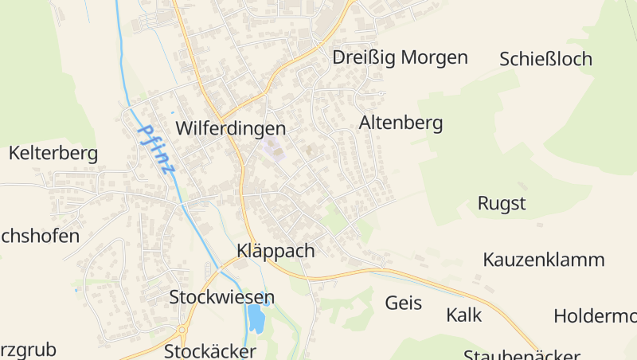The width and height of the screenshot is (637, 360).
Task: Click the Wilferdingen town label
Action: point(230,128)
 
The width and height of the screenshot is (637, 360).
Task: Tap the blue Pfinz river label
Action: point(156,149)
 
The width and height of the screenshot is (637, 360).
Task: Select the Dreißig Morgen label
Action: point(400,57)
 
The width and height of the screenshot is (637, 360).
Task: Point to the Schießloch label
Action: point(545,59)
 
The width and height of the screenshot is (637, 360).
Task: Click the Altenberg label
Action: point(401,123)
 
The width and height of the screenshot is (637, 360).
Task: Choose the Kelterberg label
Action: point(53,153)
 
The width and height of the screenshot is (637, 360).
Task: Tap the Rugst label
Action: point(502,203)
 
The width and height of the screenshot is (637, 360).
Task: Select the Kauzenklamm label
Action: point(544,260)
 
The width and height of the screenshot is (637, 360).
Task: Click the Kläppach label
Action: point(276,251)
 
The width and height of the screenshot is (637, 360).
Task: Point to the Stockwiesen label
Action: point(221,298)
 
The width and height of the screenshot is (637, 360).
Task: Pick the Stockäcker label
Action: point(210,351)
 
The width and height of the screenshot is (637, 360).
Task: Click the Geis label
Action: point(404,303)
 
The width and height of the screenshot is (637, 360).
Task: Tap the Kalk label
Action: point(464,315)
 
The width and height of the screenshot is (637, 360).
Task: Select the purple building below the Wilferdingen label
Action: point(274,150)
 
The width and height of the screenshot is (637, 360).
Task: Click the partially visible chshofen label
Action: point(40,236)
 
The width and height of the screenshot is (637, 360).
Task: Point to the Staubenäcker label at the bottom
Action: point(522,354)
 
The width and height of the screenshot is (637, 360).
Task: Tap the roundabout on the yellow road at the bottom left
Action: point(182,329)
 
